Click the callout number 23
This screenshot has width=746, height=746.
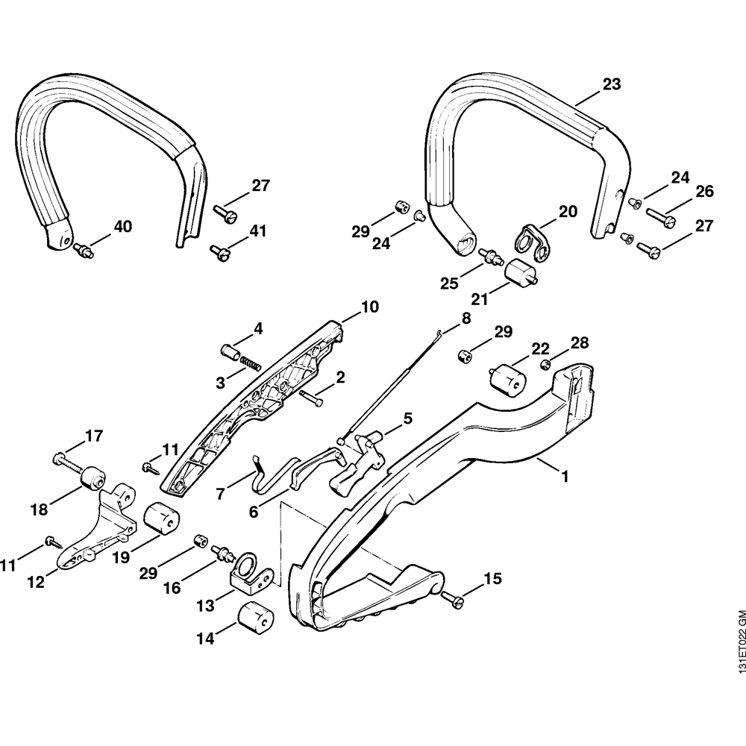611,85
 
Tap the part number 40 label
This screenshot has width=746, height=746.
123,226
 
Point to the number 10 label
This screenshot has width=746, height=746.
370,307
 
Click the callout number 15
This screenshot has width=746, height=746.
493,578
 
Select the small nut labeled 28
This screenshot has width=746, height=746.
545,364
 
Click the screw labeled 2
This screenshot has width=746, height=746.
313,398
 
